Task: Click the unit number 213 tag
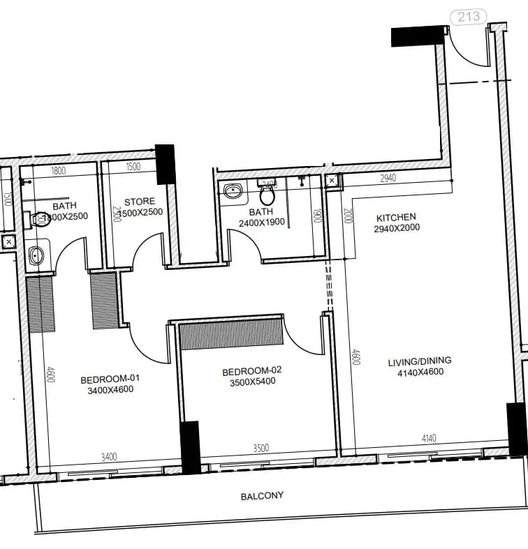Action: click(x=468, y=15)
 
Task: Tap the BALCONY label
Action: click(x=262, y=496)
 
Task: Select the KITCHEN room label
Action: click(x=396, y=217)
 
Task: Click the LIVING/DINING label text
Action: click(x=420, y=361)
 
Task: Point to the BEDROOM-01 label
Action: click(x=110, y=379)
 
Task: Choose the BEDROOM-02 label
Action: click(x=252, y=370)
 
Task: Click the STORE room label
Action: click(x=140, y=202)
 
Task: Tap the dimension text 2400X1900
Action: click(x=261, y=223)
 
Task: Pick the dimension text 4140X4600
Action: click(x=420, y=372)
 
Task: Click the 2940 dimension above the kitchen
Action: click(x=388, y=179)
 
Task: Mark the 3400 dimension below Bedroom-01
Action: click(x=109, y=457)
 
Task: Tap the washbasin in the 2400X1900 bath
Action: click(x=232, y=190)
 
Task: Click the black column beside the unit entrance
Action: click(x=418, y=36)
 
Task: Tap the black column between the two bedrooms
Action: click(x=189, y=446)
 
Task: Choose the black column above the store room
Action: click(x=164, y=164)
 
